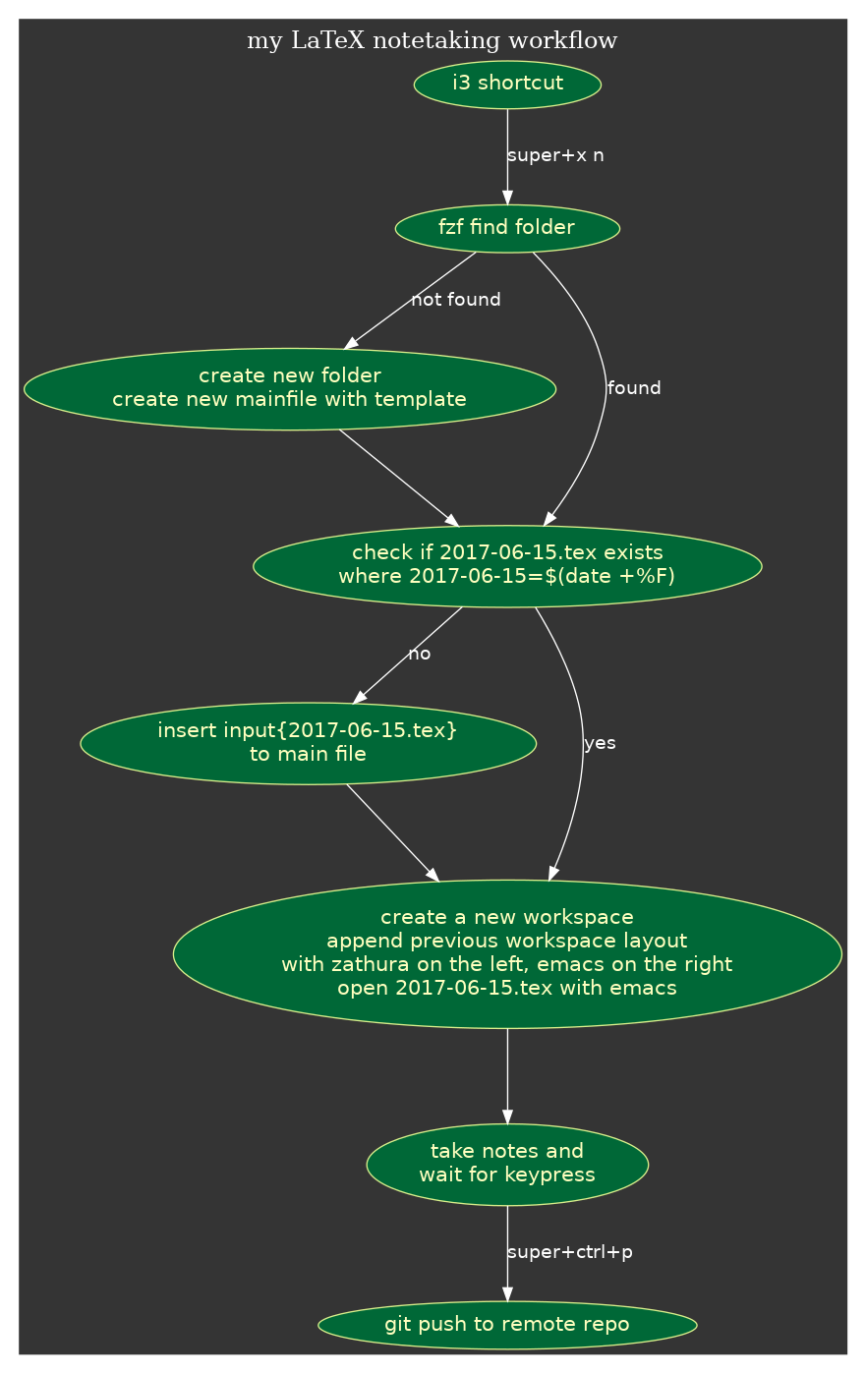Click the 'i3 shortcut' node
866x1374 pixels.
click(507, 84)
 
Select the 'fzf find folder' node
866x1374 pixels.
click(507, 228)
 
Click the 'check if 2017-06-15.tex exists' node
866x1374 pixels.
click(507, 566)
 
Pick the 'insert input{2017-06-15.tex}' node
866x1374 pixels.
click(308, 743)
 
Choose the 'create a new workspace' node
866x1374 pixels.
click(507, 953)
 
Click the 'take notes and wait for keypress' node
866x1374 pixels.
click(507, 1164)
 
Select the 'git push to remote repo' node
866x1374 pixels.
click(507, 1325)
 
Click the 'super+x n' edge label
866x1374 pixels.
click(555, 155)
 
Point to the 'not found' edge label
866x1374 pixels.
click(456, 300)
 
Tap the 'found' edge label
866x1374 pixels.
click(634, 388)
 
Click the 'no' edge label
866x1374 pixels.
click(420, 654)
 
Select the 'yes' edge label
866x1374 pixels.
click(600, 743)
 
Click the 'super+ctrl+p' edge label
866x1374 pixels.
click(570, 1252)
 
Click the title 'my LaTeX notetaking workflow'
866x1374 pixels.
click(432, 41)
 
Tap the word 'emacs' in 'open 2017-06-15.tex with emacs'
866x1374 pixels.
click(646, 988)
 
